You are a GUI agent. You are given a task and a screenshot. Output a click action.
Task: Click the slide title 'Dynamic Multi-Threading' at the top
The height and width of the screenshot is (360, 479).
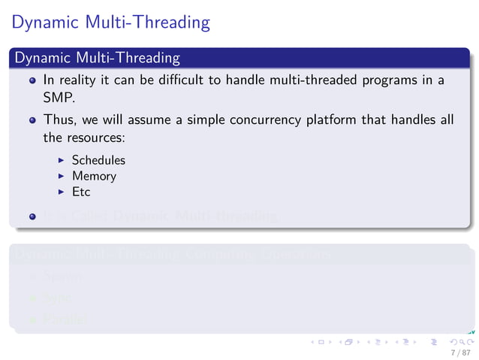click(x=110, y=23)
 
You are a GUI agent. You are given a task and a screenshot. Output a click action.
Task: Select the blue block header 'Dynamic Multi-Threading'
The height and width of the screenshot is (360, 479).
click(x=97, y=58)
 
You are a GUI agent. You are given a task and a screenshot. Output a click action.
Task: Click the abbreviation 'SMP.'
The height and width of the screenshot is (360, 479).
click(x=56, y=97)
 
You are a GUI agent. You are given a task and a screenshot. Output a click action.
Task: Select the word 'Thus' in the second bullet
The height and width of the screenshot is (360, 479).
click(x=56, y=120)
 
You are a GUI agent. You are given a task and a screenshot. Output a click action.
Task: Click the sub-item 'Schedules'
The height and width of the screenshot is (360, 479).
click(x=98, y=160)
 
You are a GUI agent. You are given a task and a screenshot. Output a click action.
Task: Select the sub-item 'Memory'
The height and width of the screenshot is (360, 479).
click(x=94, y=176)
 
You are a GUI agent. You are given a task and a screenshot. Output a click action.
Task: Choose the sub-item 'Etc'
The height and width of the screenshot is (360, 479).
click(x=81, y=192)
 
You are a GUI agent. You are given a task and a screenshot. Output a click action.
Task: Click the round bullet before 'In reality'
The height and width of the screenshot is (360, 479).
click(x=32, y=80)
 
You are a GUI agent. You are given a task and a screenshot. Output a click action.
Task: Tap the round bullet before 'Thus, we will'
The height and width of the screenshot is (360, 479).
click(x=32, y=121)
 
